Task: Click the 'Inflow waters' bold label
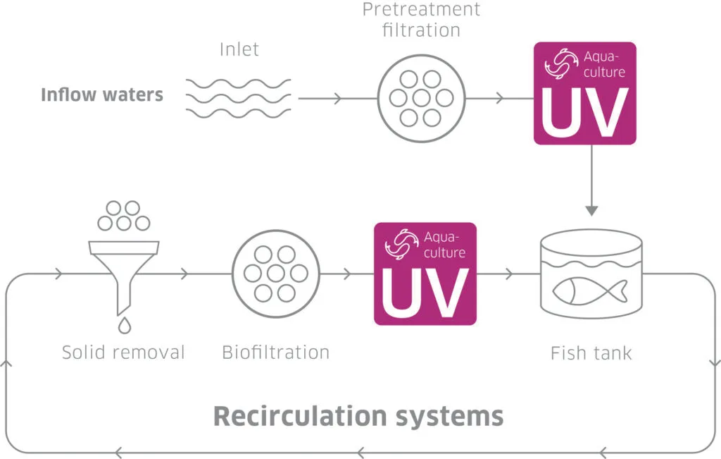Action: [102, 94]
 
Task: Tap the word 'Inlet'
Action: [239, 49]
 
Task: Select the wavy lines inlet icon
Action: [238, 98]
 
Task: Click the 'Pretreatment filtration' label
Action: [421, 20]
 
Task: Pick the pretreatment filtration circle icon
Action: [421, 98]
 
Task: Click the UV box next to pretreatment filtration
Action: [584, 93]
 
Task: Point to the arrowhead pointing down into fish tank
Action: [591, 210]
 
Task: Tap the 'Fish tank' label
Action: [591, 353]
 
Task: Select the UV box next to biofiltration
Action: [425, 274]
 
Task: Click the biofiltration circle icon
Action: [275, 273]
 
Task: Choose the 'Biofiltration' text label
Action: [275, 352]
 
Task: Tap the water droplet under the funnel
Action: [124, 325]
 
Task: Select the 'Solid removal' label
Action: [123, 352]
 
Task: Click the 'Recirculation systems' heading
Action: [358, 415]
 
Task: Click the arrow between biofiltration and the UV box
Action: [347, 274]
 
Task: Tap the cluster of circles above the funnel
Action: [123, 216]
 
